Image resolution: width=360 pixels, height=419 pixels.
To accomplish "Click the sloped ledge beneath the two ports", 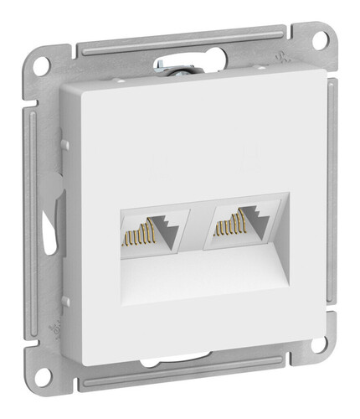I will pos(201,277).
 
